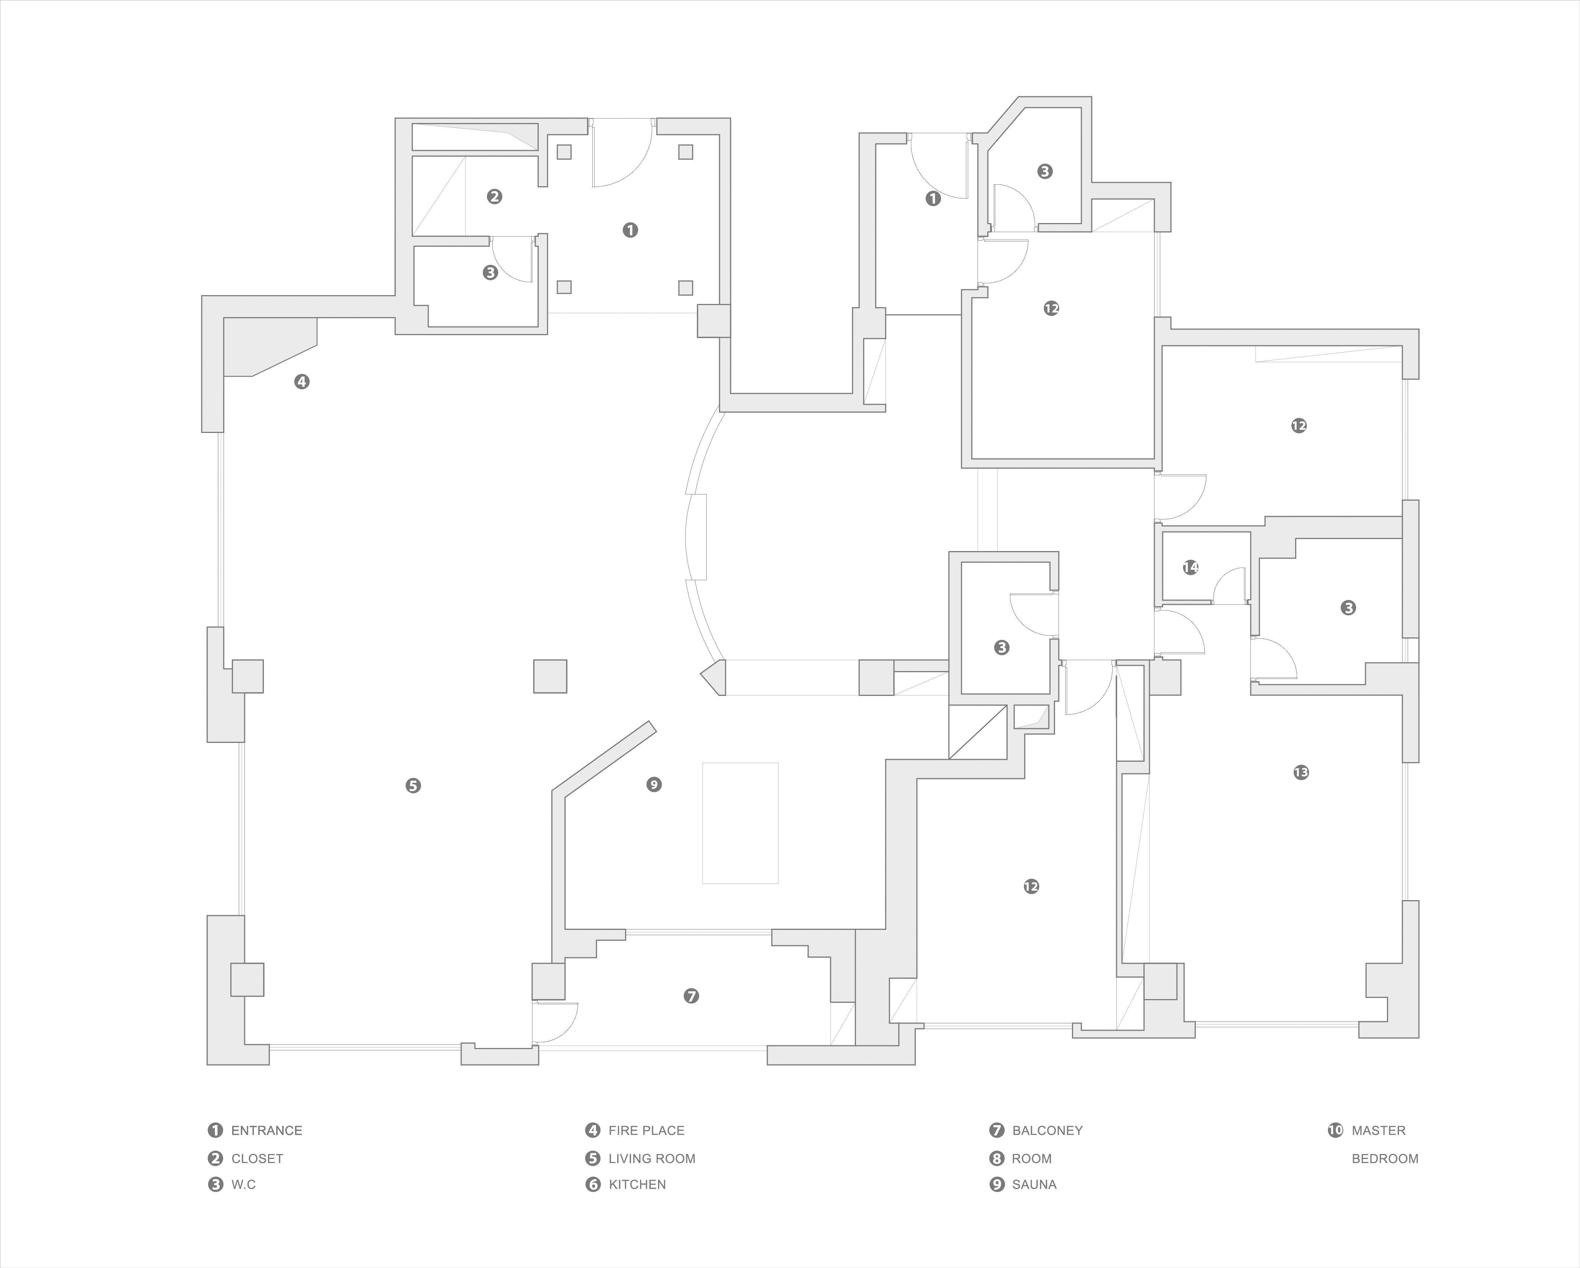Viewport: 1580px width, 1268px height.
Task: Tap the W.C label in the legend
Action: click(x=243, y=1184)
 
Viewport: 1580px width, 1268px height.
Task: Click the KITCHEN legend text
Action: click(x=637, y=1184)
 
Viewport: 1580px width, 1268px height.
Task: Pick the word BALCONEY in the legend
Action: click(x=1047, y=1130)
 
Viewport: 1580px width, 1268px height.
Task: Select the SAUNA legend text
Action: click(x=1034, y=1184)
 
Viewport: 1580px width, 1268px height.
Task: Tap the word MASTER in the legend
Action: click(x=1378, y=1130)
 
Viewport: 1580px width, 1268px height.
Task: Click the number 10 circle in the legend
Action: click(x=1335, y=1130)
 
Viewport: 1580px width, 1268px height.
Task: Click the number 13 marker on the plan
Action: click(x=1301, y=772)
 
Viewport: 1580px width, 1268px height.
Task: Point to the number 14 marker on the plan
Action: click(x=1190, y=567)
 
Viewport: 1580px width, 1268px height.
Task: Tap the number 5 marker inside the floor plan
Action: click(x=413, y=785)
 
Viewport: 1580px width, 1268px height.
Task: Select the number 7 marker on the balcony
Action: click(x=691, y=996)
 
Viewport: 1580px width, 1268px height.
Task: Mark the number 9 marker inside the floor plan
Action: click(x=654, y=785)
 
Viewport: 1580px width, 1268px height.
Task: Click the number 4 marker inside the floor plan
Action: click(x=301, y=381)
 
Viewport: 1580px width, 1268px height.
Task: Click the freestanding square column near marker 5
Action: click(x=550, y=676)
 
